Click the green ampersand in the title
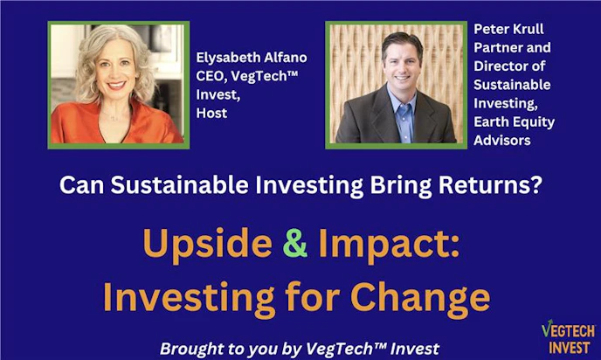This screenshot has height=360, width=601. click(x=295, y=246)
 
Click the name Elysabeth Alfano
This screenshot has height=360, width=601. click(x=252, y=58)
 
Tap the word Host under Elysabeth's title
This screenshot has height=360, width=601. click(x=211, y=114)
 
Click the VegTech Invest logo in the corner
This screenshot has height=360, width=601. click(x=568, y=336)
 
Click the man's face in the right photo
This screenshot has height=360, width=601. click(x=402, y=66)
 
